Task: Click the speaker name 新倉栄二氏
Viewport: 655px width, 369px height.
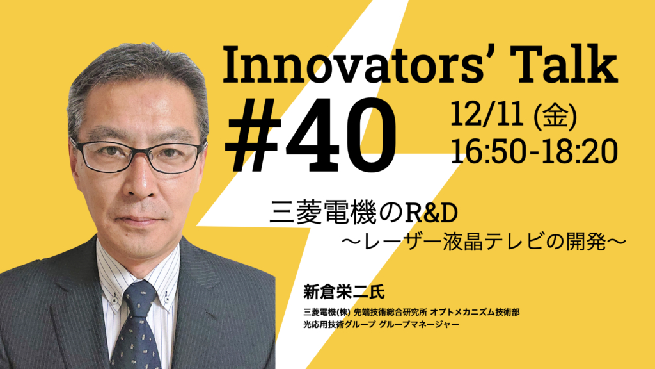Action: tap(343, 291)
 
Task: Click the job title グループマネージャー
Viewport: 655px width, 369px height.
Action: tap(419, 324)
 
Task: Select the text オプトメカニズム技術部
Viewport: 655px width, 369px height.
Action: tap(475, 312)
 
